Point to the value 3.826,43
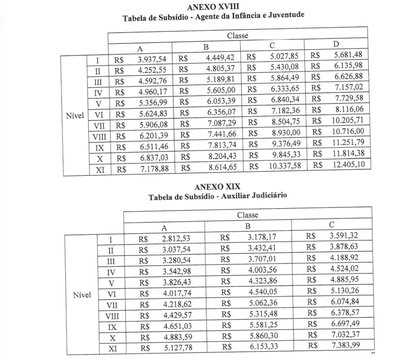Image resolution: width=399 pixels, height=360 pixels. [177, 283]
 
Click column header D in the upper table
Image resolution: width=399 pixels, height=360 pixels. [336, 44]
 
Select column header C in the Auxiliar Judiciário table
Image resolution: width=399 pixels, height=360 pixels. [331, 224]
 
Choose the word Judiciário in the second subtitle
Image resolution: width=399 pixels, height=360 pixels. [261, 196]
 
